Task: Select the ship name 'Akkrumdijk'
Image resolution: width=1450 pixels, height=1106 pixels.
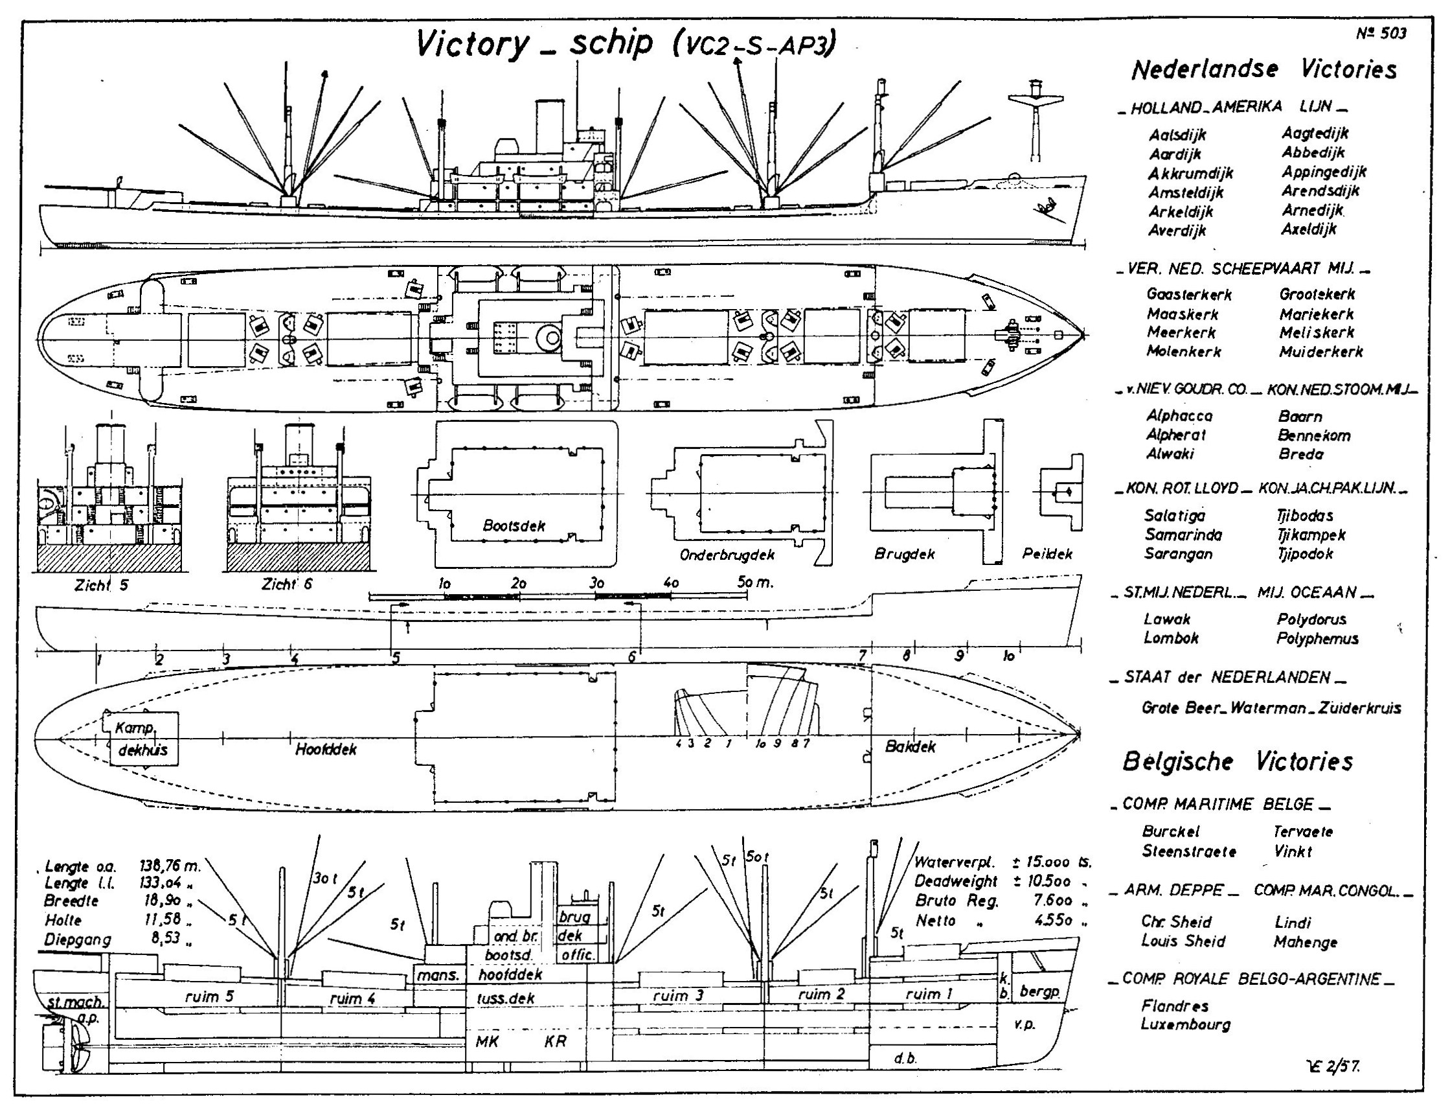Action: [1190, 173]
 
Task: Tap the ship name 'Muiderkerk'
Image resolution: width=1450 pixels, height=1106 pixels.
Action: [1321, 352]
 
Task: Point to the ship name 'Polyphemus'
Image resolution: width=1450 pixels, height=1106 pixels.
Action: [1317, 638]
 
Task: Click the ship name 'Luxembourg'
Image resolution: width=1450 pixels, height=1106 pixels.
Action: [1186, 1024]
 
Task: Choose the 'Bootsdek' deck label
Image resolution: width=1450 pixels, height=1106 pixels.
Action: [514, 525]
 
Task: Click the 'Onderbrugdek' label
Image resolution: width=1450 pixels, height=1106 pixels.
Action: [727, 555]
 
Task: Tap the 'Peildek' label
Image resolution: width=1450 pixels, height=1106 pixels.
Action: [1047, 554]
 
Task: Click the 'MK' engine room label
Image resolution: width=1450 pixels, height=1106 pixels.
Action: [487, 1041]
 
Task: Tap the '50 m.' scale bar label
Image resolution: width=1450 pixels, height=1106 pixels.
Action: [754, 582]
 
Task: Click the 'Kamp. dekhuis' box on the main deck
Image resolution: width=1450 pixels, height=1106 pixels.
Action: [141, 739]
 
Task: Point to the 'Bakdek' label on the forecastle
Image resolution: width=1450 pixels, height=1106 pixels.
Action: [910, 747]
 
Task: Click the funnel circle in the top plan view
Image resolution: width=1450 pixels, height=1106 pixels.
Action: [548, 337]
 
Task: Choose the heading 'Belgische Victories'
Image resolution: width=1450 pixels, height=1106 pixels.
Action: [1237, 762]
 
